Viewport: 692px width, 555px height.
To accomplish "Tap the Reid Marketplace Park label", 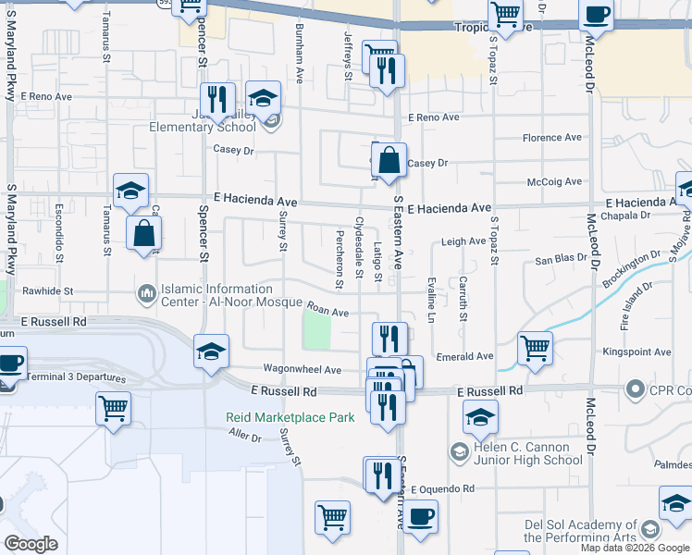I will (290, 418).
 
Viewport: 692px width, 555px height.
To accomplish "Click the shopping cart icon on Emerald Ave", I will (535, 349).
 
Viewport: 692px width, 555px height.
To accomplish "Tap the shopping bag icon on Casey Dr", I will (389, 159).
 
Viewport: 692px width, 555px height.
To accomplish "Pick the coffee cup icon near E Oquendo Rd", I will (420, 514).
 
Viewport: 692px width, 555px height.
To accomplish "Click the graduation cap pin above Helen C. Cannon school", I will (480, 416).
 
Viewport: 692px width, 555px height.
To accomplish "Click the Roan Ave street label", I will (327, 313).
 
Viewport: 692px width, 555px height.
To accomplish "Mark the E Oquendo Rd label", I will (442, 488).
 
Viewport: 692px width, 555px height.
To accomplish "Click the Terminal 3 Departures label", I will (74, 379).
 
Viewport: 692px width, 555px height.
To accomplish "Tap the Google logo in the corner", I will (31, 544).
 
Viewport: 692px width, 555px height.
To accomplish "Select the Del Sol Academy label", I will (580, 530).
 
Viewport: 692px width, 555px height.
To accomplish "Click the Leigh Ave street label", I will (463, 241).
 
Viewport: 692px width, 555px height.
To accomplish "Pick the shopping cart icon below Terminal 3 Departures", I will (113, 408).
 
